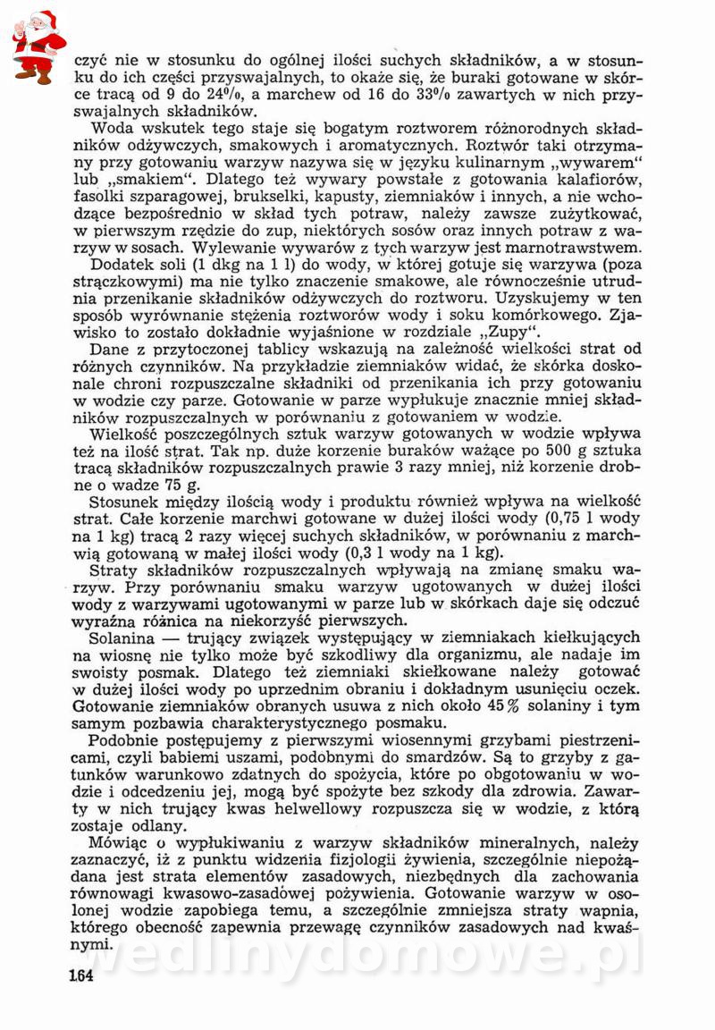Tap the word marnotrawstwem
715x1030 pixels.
[582, 247]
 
